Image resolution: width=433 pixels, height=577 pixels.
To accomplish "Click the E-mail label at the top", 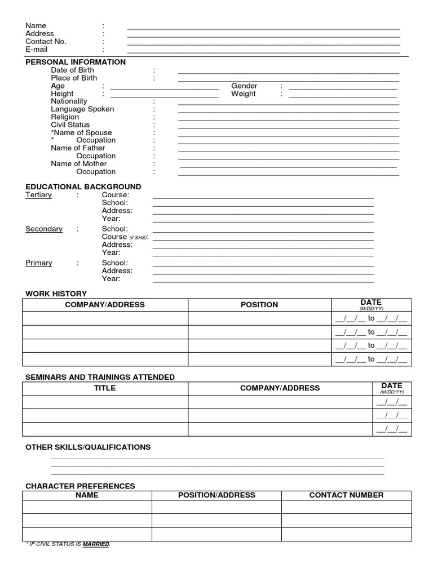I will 37,50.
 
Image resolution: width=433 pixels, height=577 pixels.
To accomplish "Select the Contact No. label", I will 46,42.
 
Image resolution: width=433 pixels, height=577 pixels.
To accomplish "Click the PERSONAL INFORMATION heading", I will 76,62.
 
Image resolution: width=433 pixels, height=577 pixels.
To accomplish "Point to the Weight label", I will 243,94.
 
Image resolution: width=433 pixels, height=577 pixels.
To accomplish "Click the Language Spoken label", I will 82,109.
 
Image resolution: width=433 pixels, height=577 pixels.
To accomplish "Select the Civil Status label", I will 70,125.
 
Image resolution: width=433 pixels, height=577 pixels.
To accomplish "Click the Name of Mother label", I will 78,164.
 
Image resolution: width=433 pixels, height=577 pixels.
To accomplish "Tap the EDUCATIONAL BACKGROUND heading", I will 83,187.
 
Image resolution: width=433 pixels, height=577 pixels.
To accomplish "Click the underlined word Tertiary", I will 38,195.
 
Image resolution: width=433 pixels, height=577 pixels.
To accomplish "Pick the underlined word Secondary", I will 44,229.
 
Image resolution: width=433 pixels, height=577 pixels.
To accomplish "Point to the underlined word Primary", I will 39,263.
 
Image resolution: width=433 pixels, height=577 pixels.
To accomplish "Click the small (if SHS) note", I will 138,238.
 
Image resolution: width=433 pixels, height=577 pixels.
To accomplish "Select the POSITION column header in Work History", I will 259,305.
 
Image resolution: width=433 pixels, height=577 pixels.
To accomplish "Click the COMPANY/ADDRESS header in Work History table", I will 105,305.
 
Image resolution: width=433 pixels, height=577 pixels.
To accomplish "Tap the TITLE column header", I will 105,388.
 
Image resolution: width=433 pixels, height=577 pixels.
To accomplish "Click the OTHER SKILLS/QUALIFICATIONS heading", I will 88,447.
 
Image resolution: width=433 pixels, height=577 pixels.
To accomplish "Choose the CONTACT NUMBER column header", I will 346,495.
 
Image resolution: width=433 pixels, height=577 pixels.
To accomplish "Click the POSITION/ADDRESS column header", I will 216,495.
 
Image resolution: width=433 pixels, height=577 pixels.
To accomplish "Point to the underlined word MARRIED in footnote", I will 96,544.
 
